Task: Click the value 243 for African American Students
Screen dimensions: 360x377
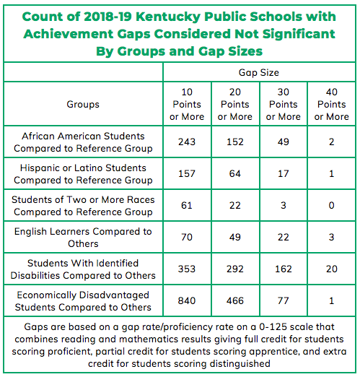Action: click(187, 142)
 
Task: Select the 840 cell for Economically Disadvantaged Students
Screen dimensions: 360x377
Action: click(187, 300)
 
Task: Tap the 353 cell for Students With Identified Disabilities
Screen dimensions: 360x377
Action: click(187, 269)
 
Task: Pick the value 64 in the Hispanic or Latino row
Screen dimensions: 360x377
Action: click(235, 173)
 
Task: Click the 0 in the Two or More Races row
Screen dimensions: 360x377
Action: click(331, 205)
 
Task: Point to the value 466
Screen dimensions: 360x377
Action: click(235, 300)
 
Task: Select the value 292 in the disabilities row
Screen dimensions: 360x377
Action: click(235, 269)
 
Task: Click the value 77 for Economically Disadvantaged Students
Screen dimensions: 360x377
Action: click(284, 300)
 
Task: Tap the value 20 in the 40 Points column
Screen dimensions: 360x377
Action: click(331, 269)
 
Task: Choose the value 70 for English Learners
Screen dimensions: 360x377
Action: click(187, 237)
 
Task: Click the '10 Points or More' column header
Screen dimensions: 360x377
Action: click(187, 104)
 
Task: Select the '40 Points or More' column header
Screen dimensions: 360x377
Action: click(331, 104)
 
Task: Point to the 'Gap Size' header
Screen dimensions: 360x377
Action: click(259, 72)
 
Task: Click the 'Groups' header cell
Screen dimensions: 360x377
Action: click(83, 104)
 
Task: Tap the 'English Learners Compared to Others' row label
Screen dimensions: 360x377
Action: click(83, 238)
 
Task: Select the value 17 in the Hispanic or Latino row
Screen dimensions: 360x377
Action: click(284, 173)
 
